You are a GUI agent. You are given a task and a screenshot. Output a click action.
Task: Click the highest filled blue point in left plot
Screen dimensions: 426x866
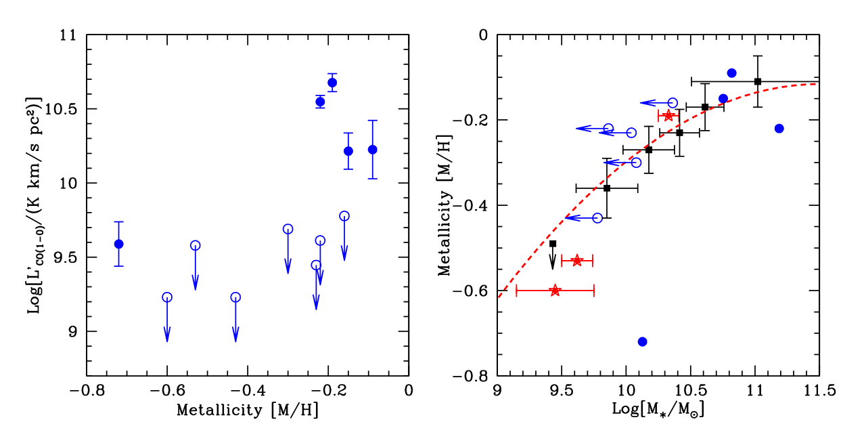(x=332, y=83)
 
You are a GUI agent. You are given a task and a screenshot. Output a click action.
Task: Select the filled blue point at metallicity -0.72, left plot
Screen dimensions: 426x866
(x=118, y=244)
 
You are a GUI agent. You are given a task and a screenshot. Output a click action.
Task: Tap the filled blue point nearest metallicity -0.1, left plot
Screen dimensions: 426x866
(x=372, y=150)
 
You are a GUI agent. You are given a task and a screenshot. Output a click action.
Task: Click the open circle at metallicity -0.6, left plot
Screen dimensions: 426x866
(x=167, y=297)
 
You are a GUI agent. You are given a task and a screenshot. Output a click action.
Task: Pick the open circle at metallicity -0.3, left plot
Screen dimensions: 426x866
(x=288, y=229)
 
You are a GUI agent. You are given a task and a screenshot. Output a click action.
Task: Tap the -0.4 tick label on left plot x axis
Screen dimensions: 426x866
(x=247, y=391)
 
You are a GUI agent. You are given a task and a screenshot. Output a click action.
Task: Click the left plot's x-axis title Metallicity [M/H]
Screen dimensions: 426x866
(x=247, y=410)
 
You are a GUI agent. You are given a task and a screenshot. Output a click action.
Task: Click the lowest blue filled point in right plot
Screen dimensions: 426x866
(x=643, y=341)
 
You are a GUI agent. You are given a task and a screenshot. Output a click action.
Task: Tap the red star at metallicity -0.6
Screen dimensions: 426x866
(x=555, y=291)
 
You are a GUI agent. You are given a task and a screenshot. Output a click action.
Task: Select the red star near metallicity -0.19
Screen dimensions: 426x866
(x=668, y=116)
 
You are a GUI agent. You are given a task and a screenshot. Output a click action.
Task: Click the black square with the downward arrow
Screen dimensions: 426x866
(x=553, y=244)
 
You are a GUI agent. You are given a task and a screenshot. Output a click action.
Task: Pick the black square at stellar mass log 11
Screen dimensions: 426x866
(x=758, y=81)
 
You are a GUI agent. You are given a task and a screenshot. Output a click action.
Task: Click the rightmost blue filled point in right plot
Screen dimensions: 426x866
(x=779, y=129)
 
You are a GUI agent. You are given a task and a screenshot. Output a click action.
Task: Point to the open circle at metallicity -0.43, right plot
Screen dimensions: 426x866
(x=597, y=218)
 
